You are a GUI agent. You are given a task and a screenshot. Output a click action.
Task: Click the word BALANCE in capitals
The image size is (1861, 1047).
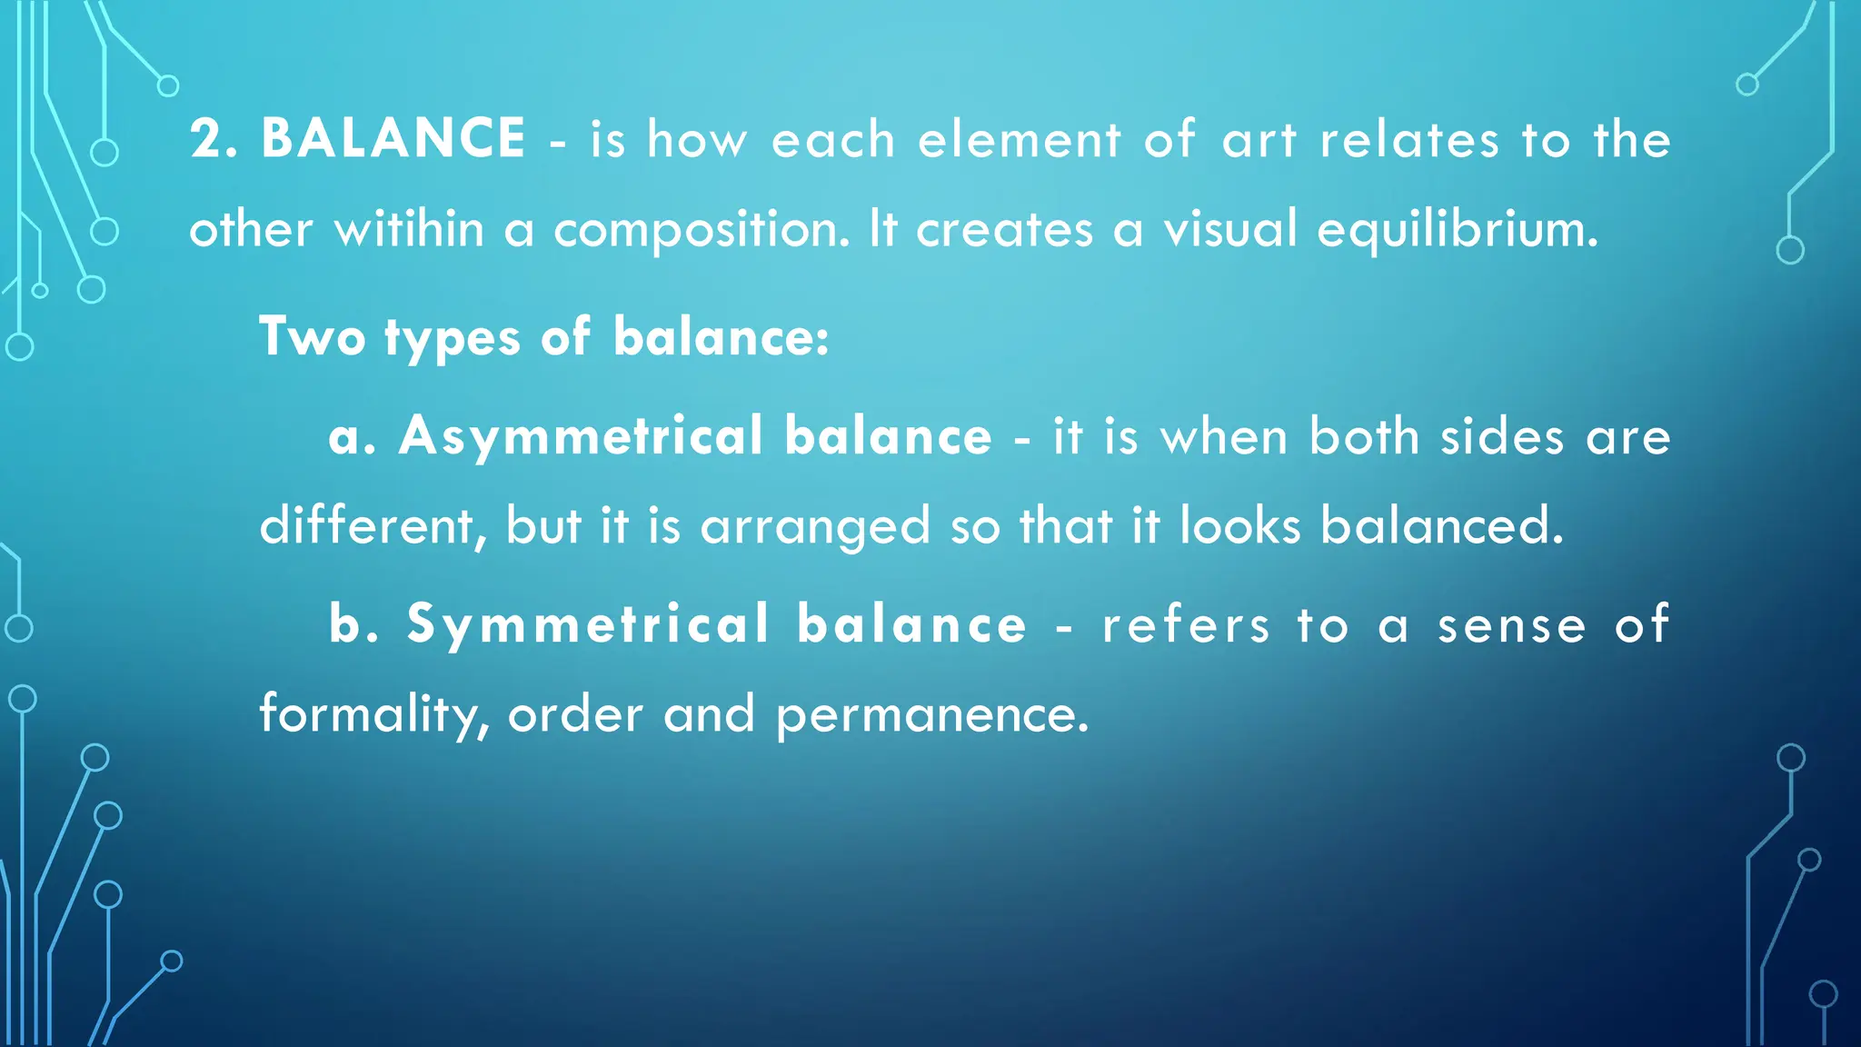click(393, 139)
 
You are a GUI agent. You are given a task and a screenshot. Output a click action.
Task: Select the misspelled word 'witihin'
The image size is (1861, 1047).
click(409, 228)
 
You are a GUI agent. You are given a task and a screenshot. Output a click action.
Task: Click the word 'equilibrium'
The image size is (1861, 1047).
click(1457, 230)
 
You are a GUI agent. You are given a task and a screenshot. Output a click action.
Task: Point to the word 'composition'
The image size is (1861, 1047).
click(701, 230)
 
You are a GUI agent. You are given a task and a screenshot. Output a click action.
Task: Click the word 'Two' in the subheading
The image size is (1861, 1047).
click(312, 336)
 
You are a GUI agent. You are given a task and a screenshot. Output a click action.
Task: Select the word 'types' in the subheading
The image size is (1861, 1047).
click(453, 338)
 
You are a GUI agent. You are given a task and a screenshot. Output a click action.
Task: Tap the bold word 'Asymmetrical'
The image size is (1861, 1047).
click(581, 436)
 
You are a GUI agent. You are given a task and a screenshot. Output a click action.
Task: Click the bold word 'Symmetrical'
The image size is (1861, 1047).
click(589, 624)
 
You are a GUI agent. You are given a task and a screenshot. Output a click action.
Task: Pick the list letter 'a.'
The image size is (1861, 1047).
click(351, 436)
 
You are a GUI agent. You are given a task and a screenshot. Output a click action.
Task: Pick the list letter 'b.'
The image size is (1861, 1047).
click(353, 624)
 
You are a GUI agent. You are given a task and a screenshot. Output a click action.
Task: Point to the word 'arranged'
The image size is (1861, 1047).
click(815, 527)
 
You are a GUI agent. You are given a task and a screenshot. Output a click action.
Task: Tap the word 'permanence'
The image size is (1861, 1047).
click(931, 714)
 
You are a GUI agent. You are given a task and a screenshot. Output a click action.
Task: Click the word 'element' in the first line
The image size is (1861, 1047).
click(1019, 140)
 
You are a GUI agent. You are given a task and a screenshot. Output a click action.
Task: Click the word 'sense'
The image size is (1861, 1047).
click(1511, 625)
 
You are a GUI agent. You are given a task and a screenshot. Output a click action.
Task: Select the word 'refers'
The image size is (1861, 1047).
click(1185, 624)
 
